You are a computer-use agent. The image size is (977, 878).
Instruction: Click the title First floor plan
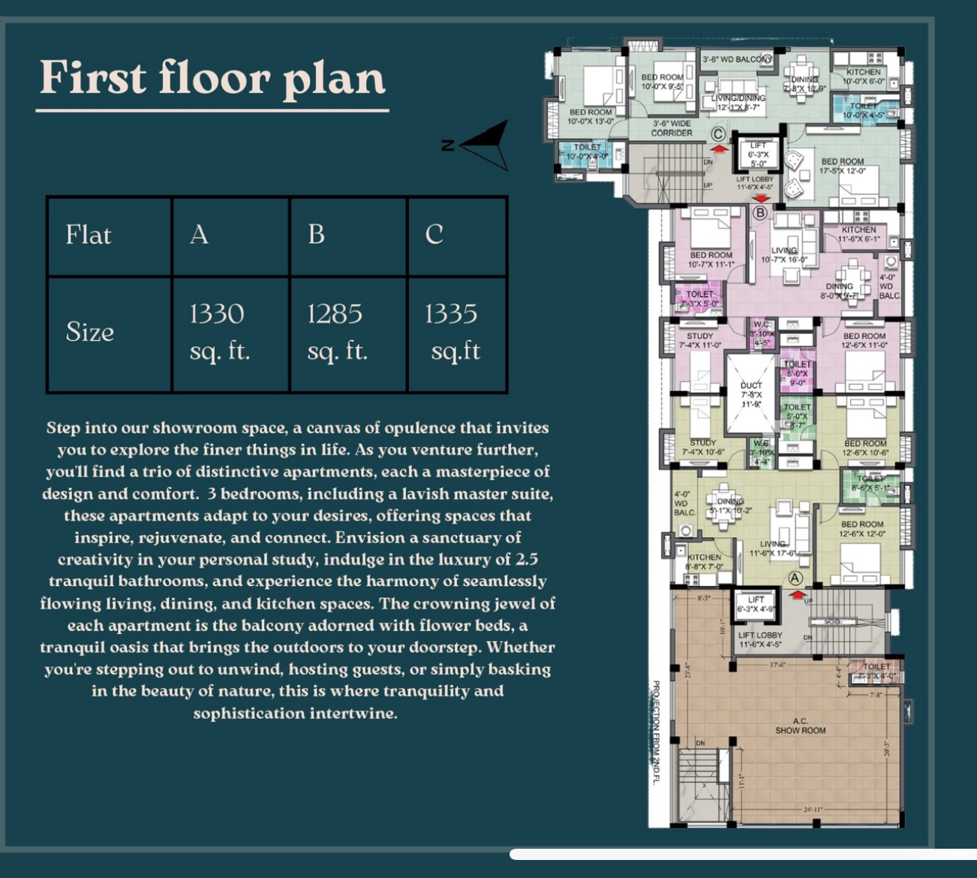pos(212,78)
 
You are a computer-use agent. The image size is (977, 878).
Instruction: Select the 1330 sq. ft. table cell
pos(218,332)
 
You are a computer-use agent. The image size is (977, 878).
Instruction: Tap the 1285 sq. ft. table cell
pos(336,332)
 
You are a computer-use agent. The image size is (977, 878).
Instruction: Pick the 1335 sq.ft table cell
pos(453,332)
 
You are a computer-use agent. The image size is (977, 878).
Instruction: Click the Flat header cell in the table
pos(89,235)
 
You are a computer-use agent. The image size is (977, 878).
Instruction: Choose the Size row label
pos(90,332)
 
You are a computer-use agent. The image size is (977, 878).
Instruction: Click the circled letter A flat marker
pos(795,578)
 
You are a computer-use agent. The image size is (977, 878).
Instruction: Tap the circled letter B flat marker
pos(759,212)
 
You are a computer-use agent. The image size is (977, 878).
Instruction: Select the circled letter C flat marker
pos(718,134)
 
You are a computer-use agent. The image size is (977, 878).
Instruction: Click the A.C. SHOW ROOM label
pos(800,726)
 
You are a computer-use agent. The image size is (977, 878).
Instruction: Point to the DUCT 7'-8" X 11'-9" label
pos(751,394)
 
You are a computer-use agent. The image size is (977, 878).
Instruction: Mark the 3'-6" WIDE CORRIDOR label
pos(672,128)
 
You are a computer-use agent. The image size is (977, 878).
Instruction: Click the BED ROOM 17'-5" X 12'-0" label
pos(842,166)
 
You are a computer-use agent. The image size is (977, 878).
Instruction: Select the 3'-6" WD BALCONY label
pos(736,59)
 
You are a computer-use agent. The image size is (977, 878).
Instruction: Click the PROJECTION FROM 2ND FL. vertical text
pos(655,732)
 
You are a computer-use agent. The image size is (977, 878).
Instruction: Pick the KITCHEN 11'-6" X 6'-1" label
pos(858,234)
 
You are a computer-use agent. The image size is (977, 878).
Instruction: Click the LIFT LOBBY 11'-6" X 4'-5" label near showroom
pos(759,639)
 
